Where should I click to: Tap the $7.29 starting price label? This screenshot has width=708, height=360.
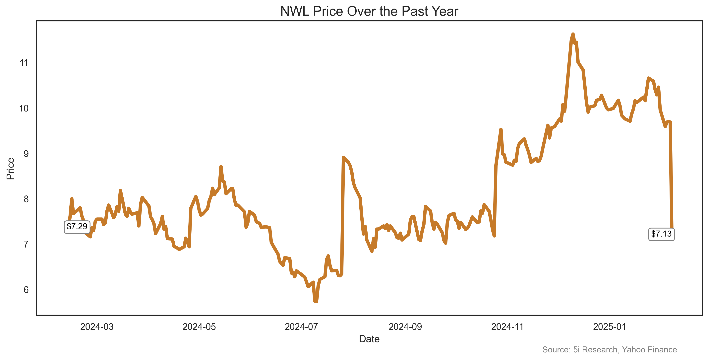point(77,226)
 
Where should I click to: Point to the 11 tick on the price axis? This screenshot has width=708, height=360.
point(24,63)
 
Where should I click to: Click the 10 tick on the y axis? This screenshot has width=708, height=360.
point(24,108)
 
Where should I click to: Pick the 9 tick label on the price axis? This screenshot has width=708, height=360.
point(26,154)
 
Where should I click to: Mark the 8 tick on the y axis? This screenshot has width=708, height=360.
point(26,199)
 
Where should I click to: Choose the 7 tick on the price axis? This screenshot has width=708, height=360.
point(26,244)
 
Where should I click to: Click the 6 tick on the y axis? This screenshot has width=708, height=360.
point(26,290)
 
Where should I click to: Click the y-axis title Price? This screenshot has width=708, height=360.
point(10,169)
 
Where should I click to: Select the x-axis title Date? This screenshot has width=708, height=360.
point(369,339)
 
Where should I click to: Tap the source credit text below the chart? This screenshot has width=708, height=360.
point(609,350)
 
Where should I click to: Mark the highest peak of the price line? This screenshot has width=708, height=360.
point(573,34)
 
